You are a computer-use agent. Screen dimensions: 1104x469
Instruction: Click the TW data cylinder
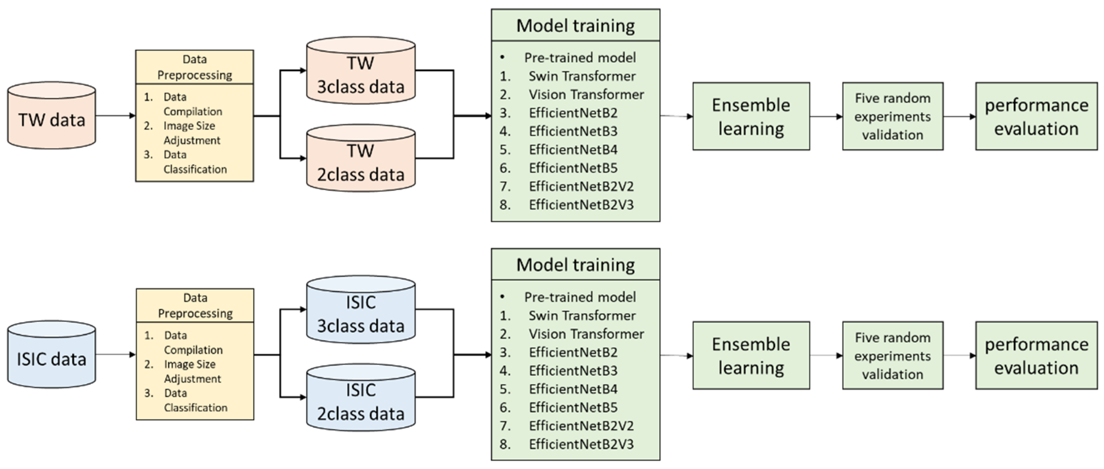click(51, 115)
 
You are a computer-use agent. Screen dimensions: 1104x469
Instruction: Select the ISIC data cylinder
click(51, 354)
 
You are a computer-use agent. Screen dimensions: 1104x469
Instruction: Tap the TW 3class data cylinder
click(361, 70)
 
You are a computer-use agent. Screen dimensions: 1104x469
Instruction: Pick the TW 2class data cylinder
click(361, 158)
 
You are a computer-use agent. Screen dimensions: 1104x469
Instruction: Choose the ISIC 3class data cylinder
click(361, 310)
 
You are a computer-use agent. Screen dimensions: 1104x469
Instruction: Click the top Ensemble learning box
click(751, 116)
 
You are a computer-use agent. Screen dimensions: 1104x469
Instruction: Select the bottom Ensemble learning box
click(751, 355)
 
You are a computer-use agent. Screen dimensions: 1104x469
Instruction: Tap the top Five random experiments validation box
click(893, 116)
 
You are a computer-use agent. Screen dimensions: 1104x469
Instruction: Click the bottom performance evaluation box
click(1036, 355)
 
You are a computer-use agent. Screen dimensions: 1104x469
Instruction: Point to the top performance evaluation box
click(1036, 116)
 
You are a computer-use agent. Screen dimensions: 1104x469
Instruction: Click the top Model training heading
click(576, 26)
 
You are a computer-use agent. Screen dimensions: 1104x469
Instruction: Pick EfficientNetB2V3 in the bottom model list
click(581, 444)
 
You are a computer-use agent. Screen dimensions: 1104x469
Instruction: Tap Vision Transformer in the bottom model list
click(586, 334)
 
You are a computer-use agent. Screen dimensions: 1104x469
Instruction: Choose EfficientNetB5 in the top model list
click(573, 168)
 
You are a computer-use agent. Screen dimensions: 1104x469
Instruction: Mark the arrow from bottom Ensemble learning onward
click(826, 355)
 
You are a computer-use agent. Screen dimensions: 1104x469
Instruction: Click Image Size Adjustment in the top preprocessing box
click(192, 133)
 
